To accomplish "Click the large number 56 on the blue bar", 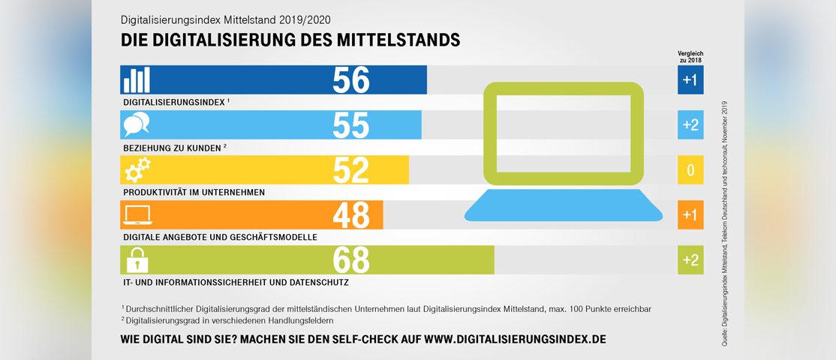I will tap(351, 79).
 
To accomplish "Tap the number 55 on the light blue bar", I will tap(351, 124).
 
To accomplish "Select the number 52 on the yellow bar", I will tap(351, 169).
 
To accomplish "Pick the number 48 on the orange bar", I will tap(351, 214).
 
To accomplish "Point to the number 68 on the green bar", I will tap(351, 259).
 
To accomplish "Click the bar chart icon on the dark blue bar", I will tap(137, 79).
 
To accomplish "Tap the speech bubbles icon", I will tap(137, 124).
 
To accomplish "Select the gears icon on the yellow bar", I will tap(137, 169).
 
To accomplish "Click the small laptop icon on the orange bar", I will tap(137, 215).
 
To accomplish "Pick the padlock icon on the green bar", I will tap(137, 259).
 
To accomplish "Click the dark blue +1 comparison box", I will tap(690, 79).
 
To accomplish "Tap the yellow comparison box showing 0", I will tap(690, 170).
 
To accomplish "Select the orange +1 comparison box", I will tap(690, 215).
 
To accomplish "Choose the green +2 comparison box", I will tap(690, 259).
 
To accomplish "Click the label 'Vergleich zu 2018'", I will tap(690, 55).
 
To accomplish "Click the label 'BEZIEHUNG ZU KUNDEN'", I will tap(170, 147).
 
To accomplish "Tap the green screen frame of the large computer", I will tap(563, 87).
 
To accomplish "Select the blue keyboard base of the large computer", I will tap(563, 205).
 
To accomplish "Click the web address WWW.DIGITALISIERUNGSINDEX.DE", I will tap(515, 339).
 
